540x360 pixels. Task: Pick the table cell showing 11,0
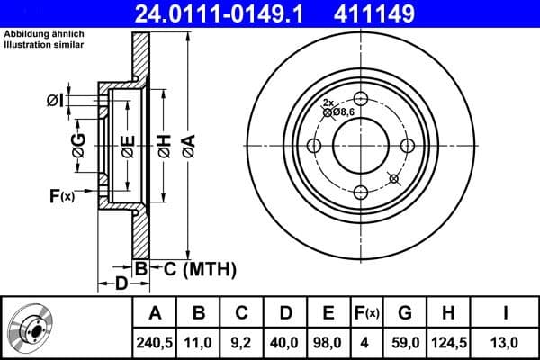[200, 342]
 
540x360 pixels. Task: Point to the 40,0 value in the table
[286, 342]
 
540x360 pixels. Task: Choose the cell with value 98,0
[329, 342]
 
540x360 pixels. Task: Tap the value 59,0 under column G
[406, 342]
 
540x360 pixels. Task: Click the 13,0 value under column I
[506, 342]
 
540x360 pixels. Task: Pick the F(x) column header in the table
[367, 313]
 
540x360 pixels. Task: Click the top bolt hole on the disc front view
[361, 99]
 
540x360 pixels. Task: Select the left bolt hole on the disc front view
[314, 147]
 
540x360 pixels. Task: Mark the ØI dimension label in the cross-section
[57, 101]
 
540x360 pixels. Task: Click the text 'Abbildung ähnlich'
[41, 35]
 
